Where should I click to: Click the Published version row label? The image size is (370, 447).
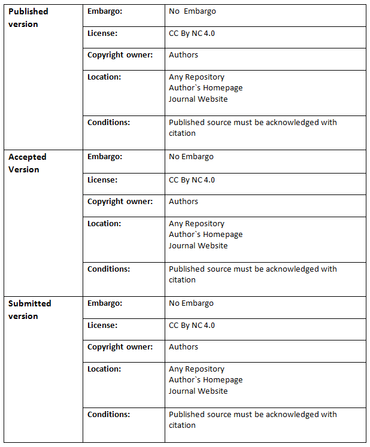point(28,17)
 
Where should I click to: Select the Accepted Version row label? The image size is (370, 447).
point(27,163)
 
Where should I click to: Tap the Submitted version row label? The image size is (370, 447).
point(29,309)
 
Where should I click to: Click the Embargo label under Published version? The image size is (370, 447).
point(105,11)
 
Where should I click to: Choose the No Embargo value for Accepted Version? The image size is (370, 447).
point(191,157)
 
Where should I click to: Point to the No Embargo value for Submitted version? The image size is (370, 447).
point(191,303)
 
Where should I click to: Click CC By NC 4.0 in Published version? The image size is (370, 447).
point(192,34)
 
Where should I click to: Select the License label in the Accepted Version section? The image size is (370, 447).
point(102,180)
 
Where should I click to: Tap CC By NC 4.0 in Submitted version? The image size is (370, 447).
point(192,326)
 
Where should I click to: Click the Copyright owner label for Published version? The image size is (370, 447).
point(120,55)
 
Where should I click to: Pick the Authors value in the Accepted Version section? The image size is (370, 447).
point(183,202)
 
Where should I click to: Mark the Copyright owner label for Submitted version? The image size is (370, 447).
point(120,347)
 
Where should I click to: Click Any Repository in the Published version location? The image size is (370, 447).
point(196,77)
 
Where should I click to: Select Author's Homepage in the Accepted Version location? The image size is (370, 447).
point(205,235)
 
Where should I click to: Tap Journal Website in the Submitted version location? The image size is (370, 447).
point(198,391)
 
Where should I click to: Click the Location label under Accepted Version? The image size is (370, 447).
point(104,224)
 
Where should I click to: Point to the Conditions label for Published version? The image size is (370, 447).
point(108,123)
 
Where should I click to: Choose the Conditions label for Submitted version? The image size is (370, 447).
point(108,415)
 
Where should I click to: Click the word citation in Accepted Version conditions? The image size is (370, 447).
point(182,280)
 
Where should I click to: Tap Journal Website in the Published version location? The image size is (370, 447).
point(198,99)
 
